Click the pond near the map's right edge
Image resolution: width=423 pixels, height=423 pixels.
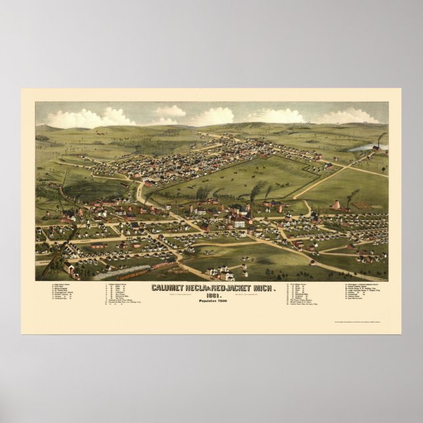(360, 148)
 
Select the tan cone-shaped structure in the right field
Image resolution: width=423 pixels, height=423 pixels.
(336, 205)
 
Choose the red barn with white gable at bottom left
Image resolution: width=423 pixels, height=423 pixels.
(70, 269)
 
